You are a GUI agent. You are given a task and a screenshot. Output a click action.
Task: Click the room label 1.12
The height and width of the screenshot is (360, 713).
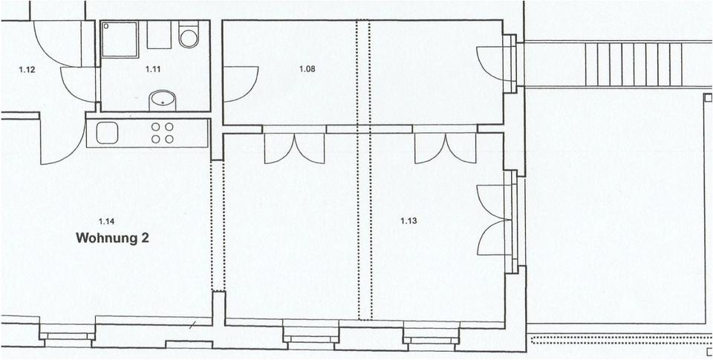(x=27, y=71)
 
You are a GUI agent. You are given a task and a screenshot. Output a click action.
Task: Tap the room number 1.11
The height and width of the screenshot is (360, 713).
(x=154, y=69)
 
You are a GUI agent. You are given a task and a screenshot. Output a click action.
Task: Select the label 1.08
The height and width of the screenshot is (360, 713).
(x=307, y=69)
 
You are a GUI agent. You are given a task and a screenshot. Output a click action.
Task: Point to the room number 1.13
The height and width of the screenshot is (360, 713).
(x=408, y=220)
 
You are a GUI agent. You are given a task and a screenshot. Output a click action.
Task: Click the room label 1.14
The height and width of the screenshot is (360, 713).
(x=107, y=220)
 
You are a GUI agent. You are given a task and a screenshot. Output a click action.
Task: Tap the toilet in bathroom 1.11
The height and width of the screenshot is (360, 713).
(x=189, y=36)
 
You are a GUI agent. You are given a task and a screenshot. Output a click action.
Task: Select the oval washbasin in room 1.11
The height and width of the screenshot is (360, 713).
(x=162, y=99)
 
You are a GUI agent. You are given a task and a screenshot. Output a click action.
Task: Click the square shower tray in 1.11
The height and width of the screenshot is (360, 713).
(x=120, y=39)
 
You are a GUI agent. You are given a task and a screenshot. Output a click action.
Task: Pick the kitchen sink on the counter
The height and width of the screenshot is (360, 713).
(x=107, y=133)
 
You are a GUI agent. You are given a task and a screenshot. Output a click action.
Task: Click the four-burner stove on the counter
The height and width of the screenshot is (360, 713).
(x=163, y=133)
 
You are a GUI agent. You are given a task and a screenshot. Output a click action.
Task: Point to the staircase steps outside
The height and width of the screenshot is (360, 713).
(x=634, y=64)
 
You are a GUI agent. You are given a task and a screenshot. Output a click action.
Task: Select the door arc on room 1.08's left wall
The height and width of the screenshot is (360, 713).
(x=239, y=83)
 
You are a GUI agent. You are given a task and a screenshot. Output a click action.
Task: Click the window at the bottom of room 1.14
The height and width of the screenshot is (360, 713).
(x=67, y=336)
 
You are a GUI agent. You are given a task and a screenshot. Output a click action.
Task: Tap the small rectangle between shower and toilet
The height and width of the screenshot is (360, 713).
(x=159, y=33)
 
